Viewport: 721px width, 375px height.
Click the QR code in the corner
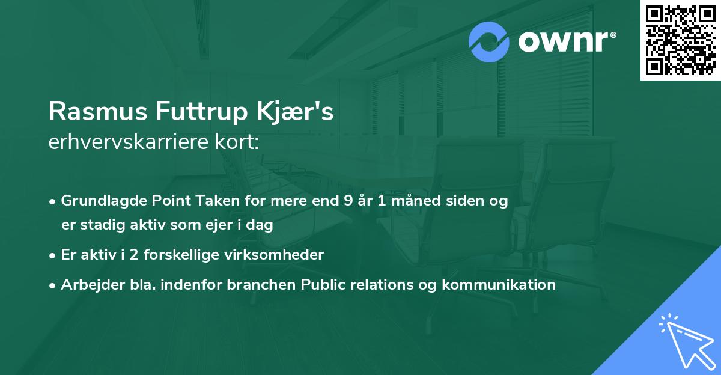click(680, 40)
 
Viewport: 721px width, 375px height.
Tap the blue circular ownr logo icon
click(489, 42)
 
